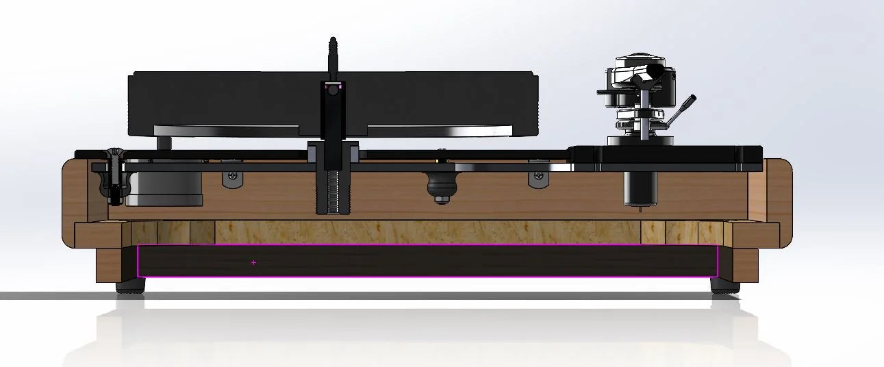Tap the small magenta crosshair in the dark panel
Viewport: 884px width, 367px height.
pos(253,262)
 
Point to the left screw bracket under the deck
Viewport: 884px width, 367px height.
pos(233,178)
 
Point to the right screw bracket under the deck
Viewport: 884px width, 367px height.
pos(539,179)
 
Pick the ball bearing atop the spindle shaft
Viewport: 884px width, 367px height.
pos(333,90)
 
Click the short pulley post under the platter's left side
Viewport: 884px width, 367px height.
pos(164,142)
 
